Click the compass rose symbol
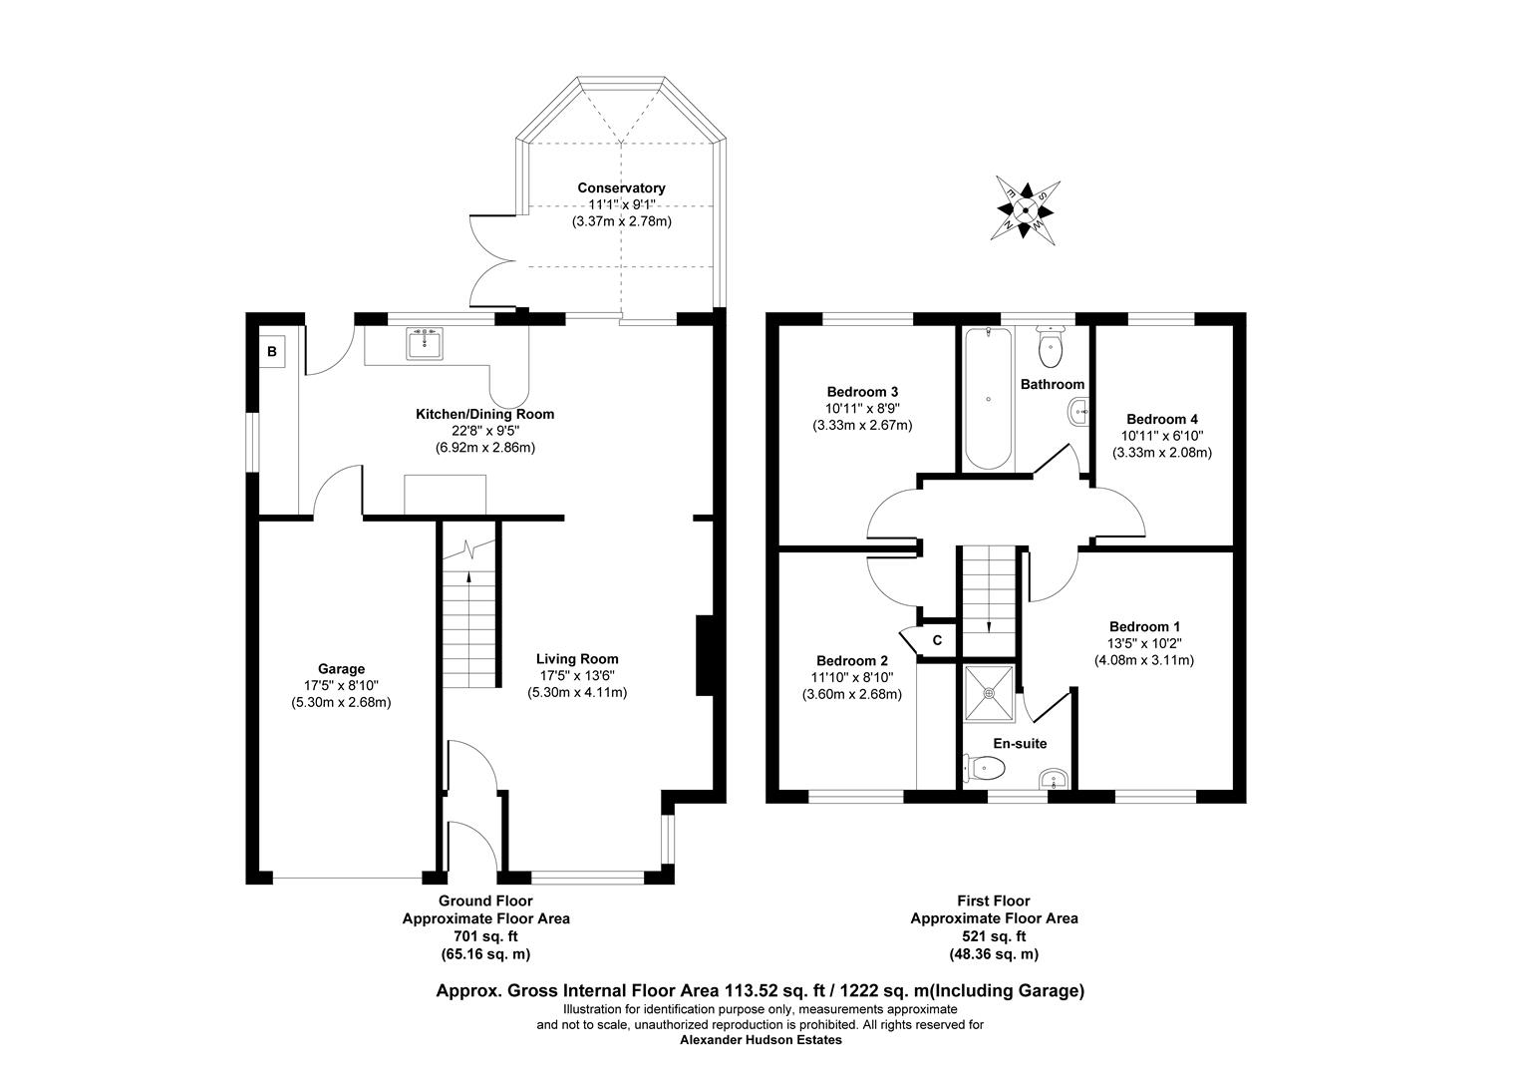coord(1025,208)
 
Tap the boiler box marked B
coord(271,351)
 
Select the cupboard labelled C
coord(937,640)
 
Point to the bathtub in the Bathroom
coord(988,398)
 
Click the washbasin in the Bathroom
coord(1078,410)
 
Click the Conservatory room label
coord(621,187)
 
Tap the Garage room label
coord(341,669)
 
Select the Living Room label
coord(577,658)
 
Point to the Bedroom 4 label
coord(1161,419)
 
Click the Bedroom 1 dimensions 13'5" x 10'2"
coord(1144,643)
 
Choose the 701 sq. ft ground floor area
coord(485,936)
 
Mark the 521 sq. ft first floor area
coord(994,936)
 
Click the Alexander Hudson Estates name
coord(761,1040)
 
